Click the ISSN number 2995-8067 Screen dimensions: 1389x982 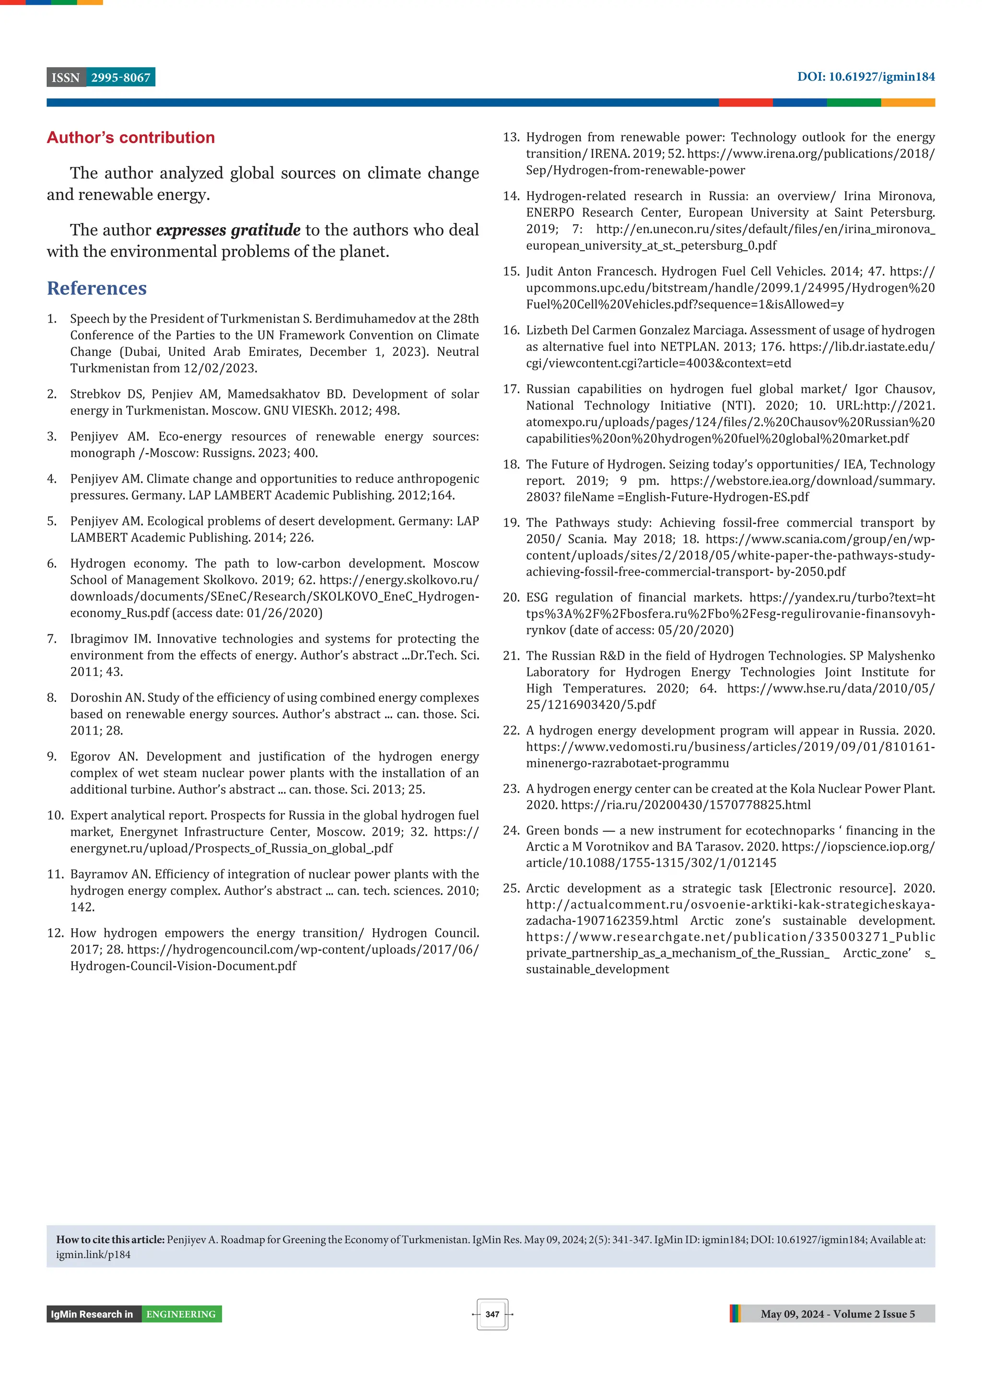coord(120,78)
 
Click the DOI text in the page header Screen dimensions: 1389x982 coord(865,77)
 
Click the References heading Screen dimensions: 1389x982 coord(97,288)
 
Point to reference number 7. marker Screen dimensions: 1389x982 coord(52,639)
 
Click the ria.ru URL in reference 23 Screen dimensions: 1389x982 coord(686,805)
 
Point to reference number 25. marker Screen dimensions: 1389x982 coord(511,888)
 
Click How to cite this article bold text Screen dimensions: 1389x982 coord(110,1239)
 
